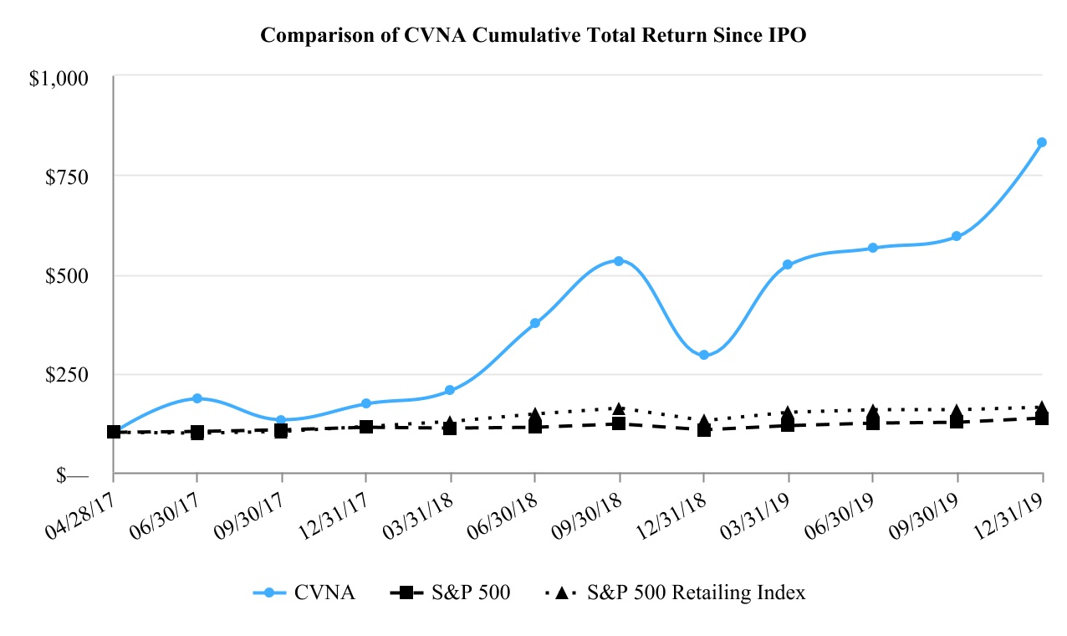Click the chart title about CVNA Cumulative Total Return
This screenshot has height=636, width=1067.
click(533, 35)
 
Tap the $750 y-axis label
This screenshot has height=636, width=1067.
click(66, 177)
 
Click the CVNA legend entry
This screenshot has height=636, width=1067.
click(304, 592)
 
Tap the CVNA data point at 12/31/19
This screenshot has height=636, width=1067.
click(1042, 142)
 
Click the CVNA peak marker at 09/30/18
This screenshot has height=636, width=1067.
click(619, 260)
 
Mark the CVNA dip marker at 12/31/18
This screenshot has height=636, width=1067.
click(704, 355)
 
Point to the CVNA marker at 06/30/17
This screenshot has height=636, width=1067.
click(197, 398)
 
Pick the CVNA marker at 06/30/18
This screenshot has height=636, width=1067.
click(535, 323)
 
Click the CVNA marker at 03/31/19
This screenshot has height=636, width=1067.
click(788, 264)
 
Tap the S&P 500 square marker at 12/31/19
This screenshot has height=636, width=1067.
click(1042, 418)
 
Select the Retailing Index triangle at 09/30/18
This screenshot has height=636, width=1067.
click(619, 408)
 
